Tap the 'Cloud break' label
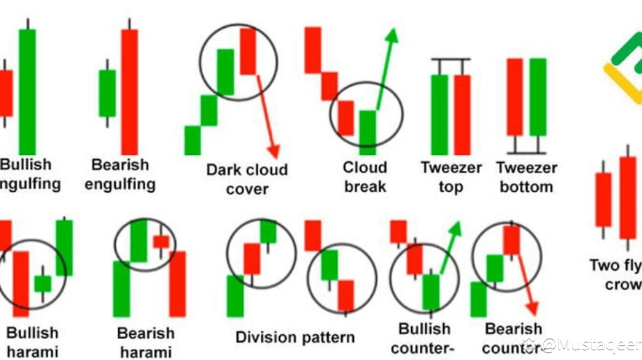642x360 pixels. click(364, 177)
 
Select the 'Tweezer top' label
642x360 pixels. click(451, 177)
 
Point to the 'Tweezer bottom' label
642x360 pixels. click(526, 177)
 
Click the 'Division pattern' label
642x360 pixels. click(294, 337)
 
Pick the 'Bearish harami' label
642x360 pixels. click(144, 342)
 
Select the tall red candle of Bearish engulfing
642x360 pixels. click(129, 91)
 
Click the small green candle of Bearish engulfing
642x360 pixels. click(107, 93)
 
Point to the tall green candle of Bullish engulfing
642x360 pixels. click(27, 91)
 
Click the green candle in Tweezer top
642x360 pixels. click(439, 114)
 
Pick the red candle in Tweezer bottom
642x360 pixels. click(514, 96)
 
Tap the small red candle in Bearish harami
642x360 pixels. click(161, 241)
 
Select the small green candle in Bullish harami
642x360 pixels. click(43, 283)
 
